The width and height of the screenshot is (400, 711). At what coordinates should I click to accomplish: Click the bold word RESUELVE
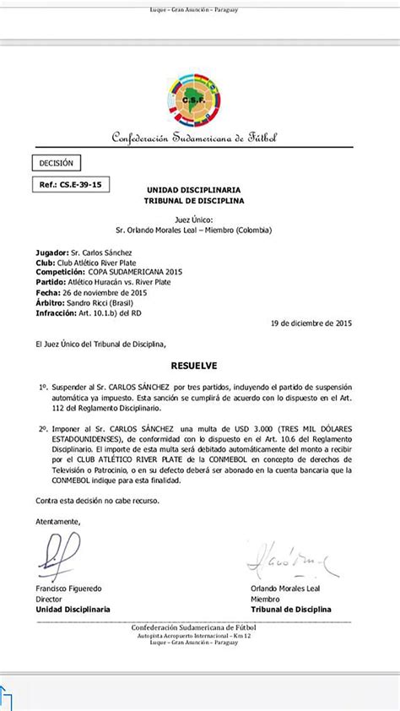[x=195, y=366]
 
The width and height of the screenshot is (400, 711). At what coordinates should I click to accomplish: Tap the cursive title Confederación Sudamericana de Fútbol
[x=195, y=138]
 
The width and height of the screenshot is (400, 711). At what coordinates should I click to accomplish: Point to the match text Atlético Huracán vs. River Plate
[x=123, y=282]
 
